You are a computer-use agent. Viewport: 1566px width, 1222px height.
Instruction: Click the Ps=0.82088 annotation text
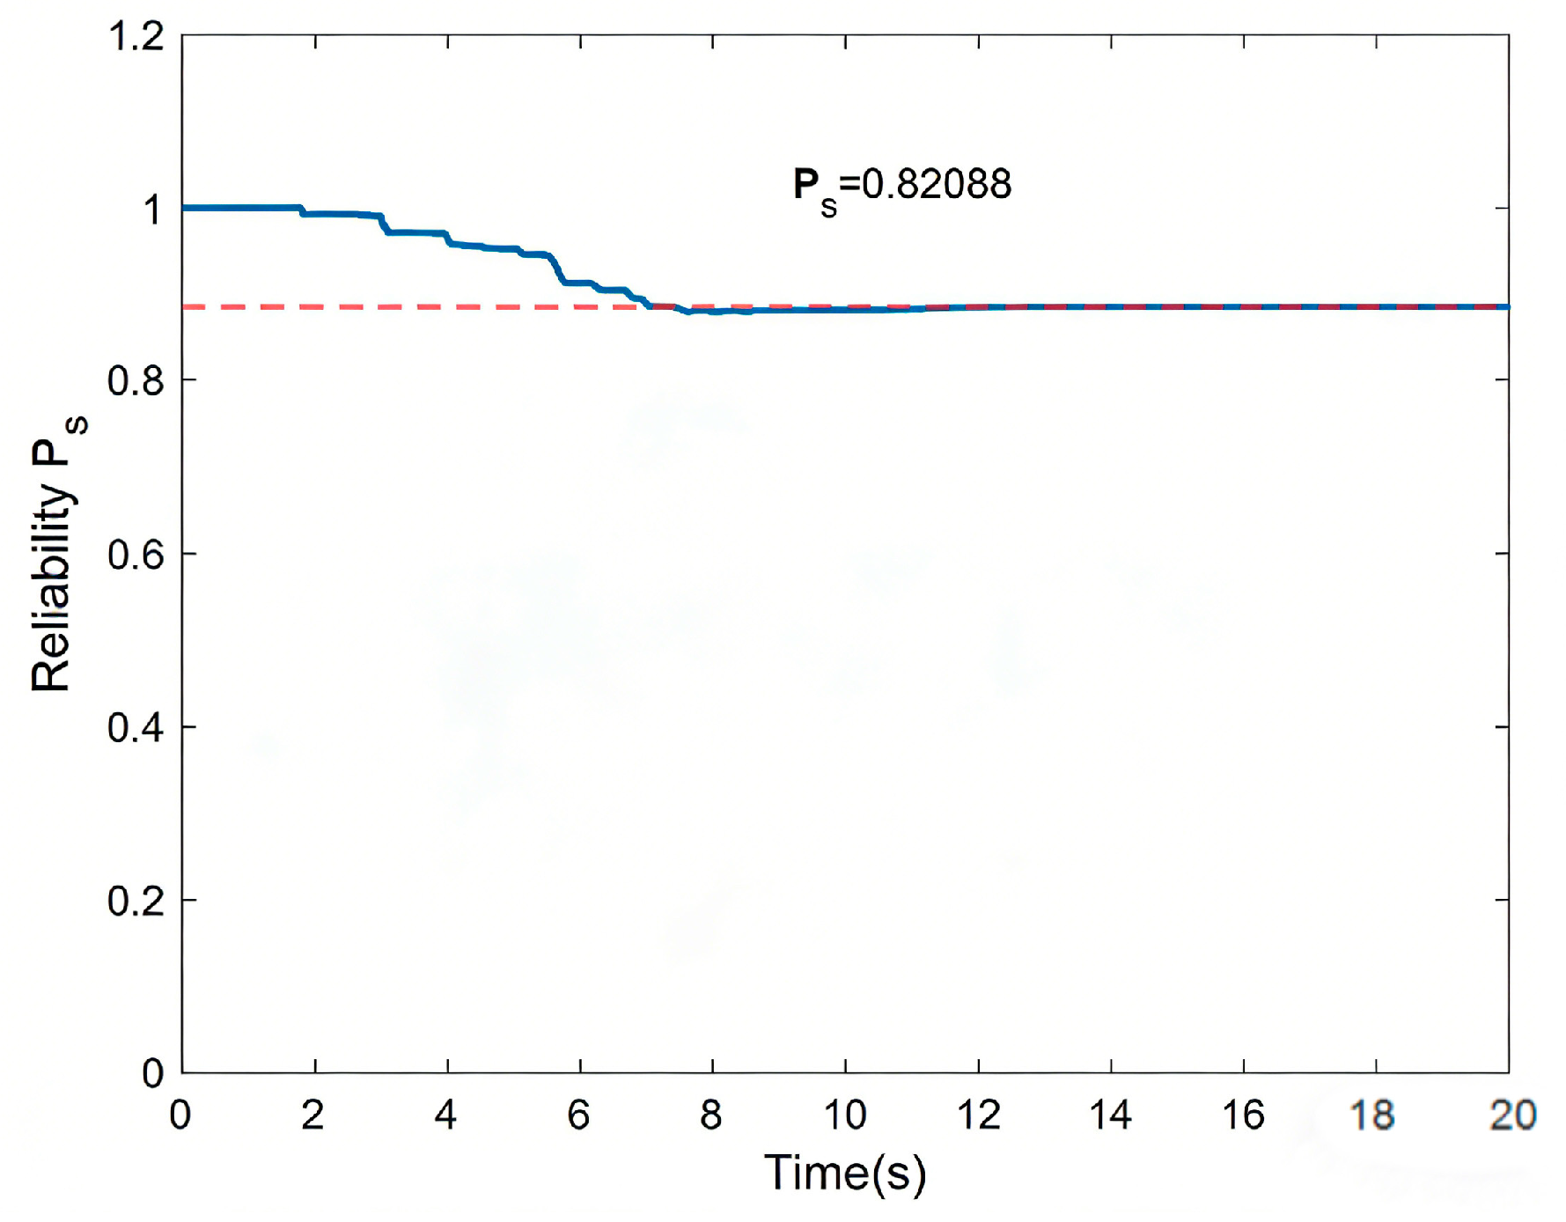pyautogui.click(x=902, y=189)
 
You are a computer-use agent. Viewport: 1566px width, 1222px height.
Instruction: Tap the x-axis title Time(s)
pyautogui.click(x=845, y=1174)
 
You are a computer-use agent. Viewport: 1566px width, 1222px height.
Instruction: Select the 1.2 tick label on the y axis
pyautogui.click(x=136, y=36)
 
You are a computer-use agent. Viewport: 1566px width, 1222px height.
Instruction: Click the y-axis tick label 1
pyautogui.click(x=153, y=210)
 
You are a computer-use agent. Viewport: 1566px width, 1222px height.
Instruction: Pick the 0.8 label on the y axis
pyautogui.click(x=136, y=381)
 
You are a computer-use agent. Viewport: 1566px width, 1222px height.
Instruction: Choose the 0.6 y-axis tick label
pyautogui.click(x=136, y=555)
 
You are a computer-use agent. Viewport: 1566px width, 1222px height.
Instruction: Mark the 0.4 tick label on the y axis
pyautogui.click(x=136, y=728)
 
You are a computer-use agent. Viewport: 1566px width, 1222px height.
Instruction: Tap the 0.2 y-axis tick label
pyautogui.click(x=136, y=902)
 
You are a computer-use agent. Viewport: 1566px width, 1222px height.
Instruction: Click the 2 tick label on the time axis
pyautogui.click(x=313, y=1115)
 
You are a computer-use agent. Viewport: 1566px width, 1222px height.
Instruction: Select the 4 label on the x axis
pyautogui.click(x=446, y=1115)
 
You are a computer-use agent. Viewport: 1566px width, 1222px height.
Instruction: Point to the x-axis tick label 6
pyautogui.click(x=578, y=1115)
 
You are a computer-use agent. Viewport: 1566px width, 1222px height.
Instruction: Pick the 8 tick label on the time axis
pyautogui.click(x=711, y=1115)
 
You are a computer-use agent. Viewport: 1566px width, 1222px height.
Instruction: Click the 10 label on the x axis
pyautogui.click(x=845, y=1115)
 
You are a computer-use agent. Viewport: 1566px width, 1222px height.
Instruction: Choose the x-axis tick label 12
pyautogui.click(x=978, y=1115)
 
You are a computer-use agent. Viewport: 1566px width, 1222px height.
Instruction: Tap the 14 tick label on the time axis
pyautogui.click(x=1111, y=1115)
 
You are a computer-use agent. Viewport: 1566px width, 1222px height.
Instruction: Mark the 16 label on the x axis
pyautogui.click(x=1243, y=1115)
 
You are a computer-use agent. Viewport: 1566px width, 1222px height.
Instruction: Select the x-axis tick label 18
pyautogui.click(x=1373, y=1115)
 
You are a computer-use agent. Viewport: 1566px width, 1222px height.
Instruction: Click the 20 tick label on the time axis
pyautogui.click(x=1513, y=1115)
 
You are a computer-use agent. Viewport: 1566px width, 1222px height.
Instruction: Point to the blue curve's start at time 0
pyautogui.click(x=183, y=208)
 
